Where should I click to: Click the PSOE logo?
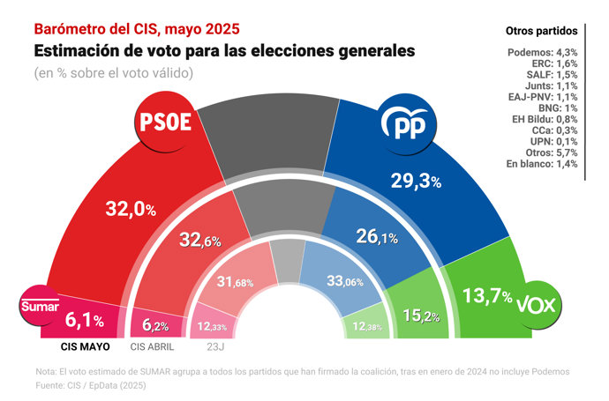tap(166, 123)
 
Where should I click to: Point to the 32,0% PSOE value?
tap(131, 210)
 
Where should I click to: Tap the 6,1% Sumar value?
tap(86, 321)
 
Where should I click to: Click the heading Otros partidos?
tap(542, 31)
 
